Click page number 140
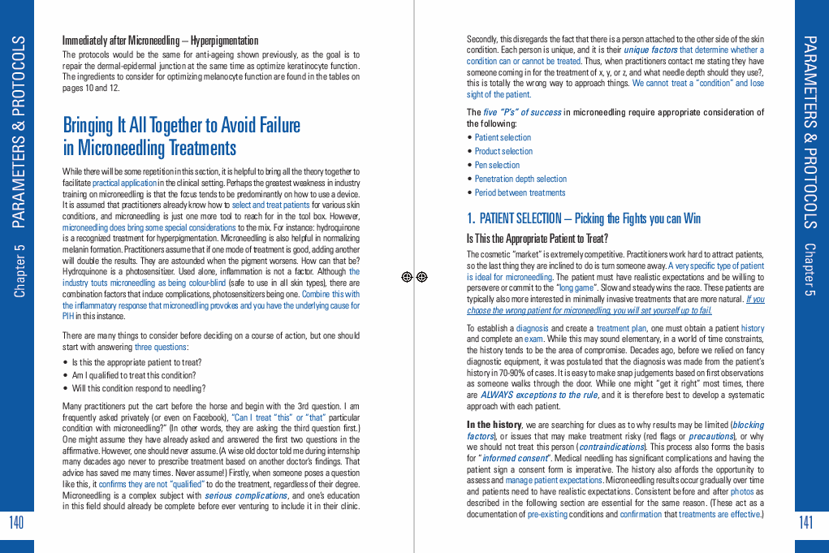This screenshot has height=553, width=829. (16, 522)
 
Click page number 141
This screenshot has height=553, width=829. (806, 522)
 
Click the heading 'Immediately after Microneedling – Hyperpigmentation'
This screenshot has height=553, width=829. (160, 41)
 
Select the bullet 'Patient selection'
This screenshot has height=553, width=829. (503, 137)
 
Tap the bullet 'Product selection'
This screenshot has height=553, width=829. (503, 151)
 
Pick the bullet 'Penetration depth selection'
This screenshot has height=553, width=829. (520, 179)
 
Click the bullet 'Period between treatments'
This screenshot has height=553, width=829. (520, 192)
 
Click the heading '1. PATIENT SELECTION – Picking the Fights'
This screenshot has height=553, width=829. (583, 218)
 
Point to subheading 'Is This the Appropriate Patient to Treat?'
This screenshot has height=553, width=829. (537, 239)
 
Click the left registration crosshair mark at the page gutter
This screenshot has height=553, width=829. (408, 277)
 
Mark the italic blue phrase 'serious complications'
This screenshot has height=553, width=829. (234, 495)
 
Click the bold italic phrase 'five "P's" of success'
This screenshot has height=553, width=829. (522, 112)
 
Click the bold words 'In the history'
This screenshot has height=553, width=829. (494, 425)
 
